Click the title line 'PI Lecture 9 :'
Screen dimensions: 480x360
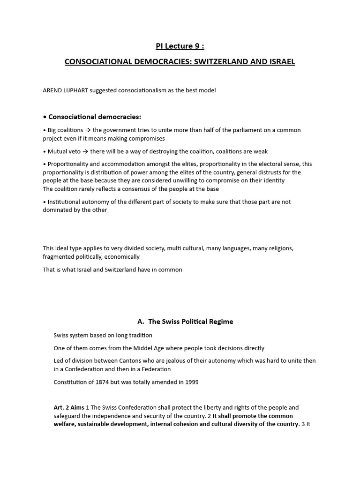coord(180,46)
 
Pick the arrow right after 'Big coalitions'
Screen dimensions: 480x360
coord(88,130)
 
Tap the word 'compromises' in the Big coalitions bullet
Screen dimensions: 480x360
coord(148,139)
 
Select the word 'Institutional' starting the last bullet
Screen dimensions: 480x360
coord(67,202)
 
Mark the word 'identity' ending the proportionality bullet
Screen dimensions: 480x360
coord(273,180)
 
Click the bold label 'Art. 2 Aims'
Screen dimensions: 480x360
coord(69,408)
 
